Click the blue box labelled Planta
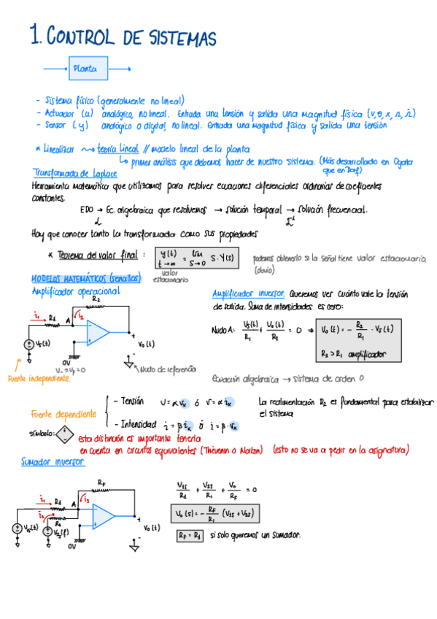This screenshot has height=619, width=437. (x=89, y=69)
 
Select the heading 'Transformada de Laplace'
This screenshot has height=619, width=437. (x=70, y=173)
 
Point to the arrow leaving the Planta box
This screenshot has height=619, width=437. (x=120, y=69)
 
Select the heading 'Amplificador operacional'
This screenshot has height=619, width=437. (x=75, y=291)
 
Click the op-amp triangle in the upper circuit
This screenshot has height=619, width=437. (x=97, y=332)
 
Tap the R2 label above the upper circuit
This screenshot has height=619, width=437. (x=96, y=299)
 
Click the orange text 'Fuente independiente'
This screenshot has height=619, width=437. (x=39, y=378)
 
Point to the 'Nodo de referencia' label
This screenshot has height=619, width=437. (x=168, y=369)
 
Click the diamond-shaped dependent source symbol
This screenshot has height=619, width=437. (x=66, y=434)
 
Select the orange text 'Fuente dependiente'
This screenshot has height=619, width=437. (x=63, y=414)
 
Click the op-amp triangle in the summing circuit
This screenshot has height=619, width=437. (x=103, y=515)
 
